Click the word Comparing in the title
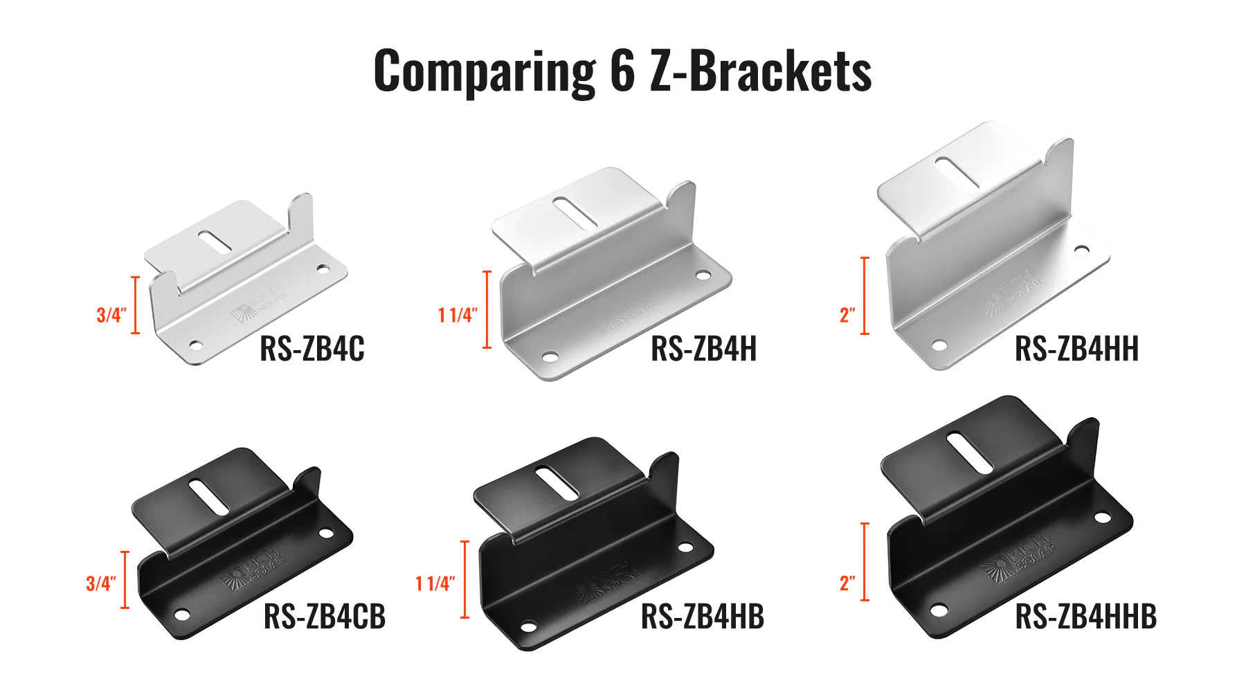[x=484, y=71]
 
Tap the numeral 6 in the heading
[x=622, y=71]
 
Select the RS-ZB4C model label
[x=311, y=348]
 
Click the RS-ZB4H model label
[x=703, y=348]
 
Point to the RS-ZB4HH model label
[x=1076, y=348]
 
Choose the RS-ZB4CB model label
[x=324, y=616]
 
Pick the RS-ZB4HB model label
[x=702, y=616]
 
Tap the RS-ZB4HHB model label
[x=1085, y=616]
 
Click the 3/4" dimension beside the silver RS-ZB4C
[x=111, y=315]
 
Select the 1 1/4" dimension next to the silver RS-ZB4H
[x=458, y=315]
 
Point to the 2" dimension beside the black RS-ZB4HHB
[x=847, y=583]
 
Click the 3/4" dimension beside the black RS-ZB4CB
[x=101, y=583]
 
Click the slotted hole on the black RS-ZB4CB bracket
[x=209, y=497]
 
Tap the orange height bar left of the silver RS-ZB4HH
[x=865, y=295]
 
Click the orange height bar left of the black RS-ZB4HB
[x=464, y=579]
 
